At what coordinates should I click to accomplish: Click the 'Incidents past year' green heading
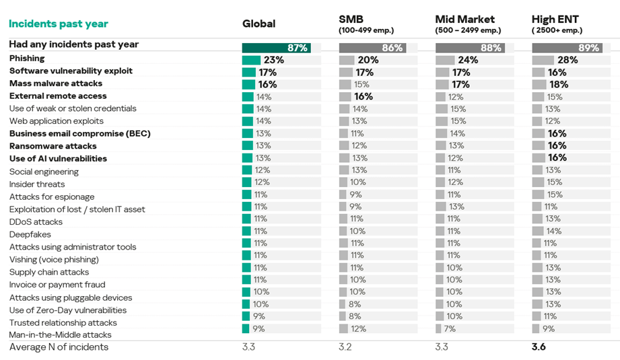tap(58, 24)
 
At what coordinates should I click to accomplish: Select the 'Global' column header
tap(259, 24)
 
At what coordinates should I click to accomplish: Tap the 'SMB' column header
tap(351, 20)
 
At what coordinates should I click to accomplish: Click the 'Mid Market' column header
tap(464, 20)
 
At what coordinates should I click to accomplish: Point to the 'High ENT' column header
tap(555, 20)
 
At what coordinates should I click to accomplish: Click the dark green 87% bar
tap(277, 48)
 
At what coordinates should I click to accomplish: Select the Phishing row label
tap(27, 59)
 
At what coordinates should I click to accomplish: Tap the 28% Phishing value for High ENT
tap(567, 60)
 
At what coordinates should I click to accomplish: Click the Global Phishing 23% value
tap(273, 60)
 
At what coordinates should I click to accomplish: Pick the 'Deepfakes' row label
tap(30, 234)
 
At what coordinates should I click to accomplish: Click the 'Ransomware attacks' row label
tap(53, 146)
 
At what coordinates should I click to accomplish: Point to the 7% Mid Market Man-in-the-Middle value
tap(450, 329)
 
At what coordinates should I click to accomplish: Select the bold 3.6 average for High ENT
tap(539, 347)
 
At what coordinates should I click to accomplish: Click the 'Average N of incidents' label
tap(59, 347)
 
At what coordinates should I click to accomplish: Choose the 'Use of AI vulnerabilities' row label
tap(58, 159)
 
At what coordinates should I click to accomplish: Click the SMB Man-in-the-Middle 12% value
tap(358, 329)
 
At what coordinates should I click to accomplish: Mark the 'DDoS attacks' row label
tap(36, 222)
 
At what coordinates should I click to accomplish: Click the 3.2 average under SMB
tap(345, 347)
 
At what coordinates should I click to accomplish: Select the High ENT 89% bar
tap(567, 48)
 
